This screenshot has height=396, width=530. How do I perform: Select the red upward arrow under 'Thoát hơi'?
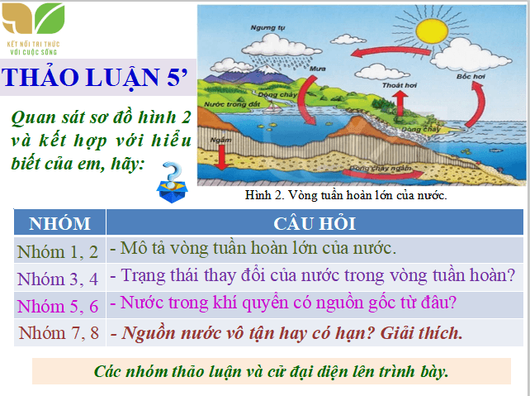pos(398,103)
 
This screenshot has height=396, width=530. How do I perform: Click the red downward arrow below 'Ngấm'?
pos(221,162)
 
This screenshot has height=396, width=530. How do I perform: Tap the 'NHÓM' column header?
pos(59,223)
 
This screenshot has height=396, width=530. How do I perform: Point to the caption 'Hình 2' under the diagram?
pos(266,196)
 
